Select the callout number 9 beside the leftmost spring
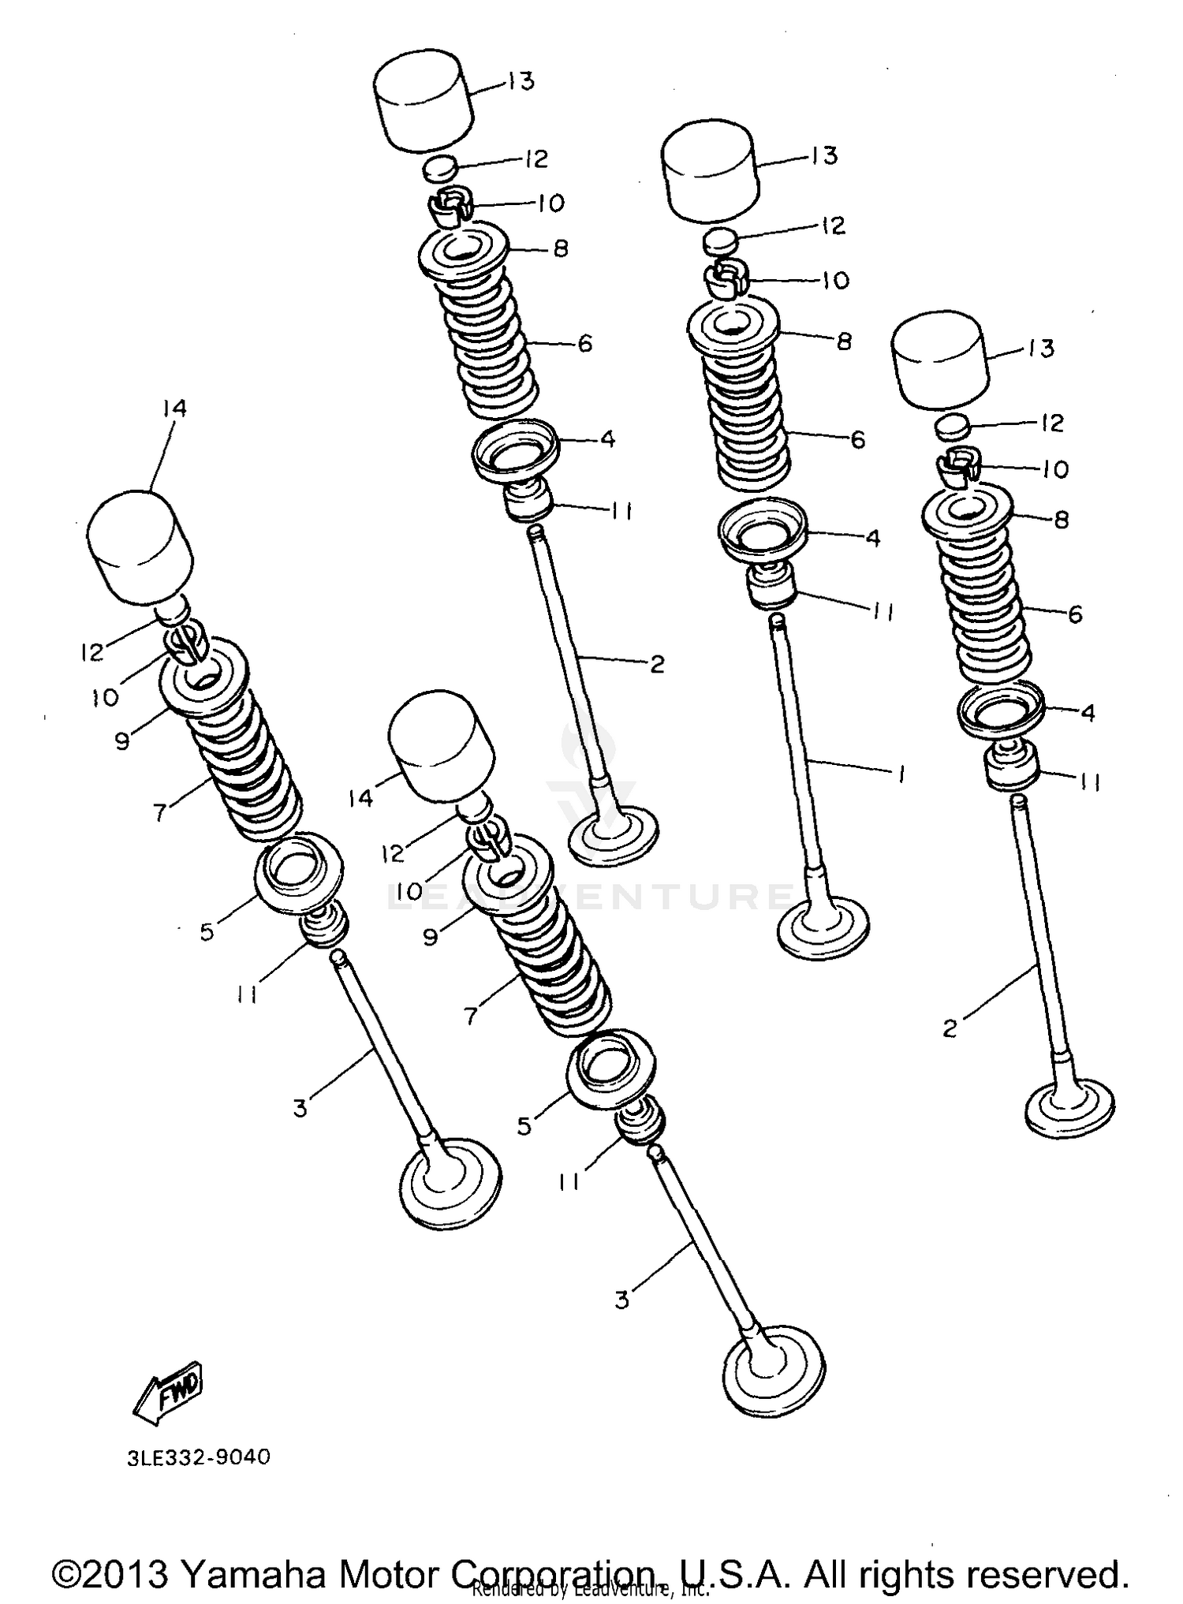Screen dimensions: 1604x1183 click(x=122, y=741)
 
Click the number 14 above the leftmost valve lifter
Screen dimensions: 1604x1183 click(x=174, y=408)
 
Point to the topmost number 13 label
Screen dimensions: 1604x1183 click(x=520, y=81)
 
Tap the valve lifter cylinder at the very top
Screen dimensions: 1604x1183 click(x=424, y=101)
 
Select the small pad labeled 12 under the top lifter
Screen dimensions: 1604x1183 click(x=442, y=168)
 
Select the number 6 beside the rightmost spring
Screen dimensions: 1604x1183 click(x=1075, y=614)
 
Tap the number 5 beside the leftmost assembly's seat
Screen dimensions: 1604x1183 click(x=207, y=932)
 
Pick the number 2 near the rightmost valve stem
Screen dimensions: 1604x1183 click(x=950, y=1028)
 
